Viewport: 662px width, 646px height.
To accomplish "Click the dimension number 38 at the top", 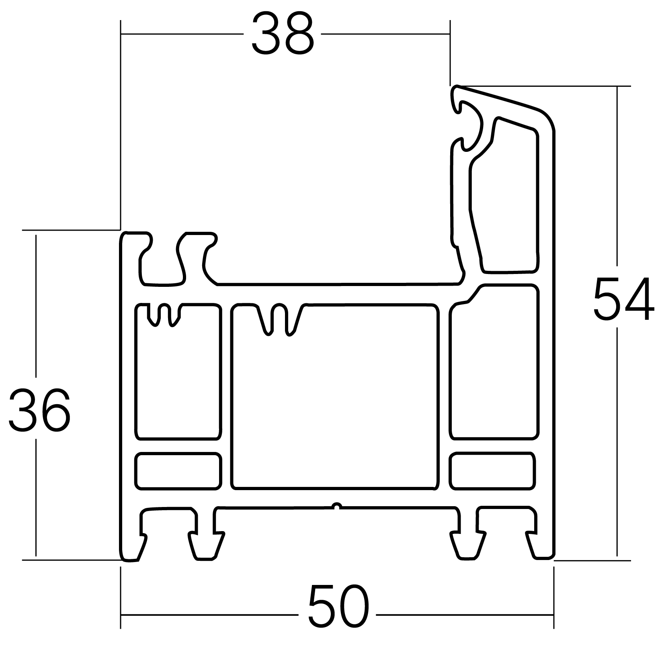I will (282, 35).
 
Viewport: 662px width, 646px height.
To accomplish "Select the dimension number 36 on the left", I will (39, 410).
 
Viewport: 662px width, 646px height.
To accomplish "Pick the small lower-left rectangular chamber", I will (178, 471).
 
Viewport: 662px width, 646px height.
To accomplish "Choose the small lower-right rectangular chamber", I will (492, 471).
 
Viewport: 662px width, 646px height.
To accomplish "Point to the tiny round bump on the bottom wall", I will (337, 505).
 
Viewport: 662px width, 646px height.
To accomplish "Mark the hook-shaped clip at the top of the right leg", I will (468, 121).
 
